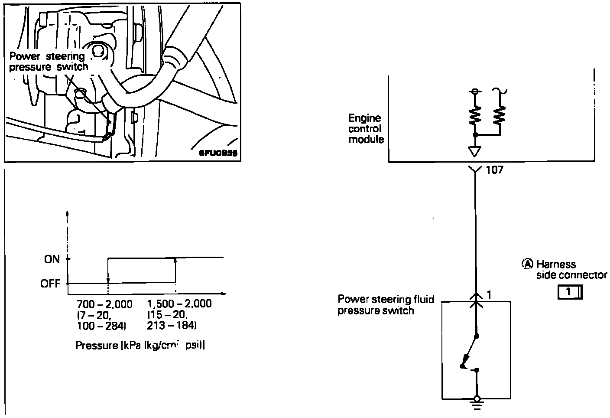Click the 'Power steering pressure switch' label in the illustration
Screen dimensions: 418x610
[49, 62]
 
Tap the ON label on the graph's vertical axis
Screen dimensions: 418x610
[52, 259]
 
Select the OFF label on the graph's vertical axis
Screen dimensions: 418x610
[51, 284]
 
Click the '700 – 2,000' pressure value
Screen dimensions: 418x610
[104, 304]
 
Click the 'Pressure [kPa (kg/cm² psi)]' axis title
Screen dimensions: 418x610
[140, 346]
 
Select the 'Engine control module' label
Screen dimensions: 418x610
[366, 129]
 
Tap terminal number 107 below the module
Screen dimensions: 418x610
[494, 170]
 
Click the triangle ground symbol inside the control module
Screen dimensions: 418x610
[475, 152]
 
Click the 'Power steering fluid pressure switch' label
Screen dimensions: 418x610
[386, 305]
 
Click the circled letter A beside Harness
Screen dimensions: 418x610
[528, 264]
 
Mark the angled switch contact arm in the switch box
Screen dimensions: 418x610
[470, 349]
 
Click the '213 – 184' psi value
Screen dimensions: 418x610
[172, 325]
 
